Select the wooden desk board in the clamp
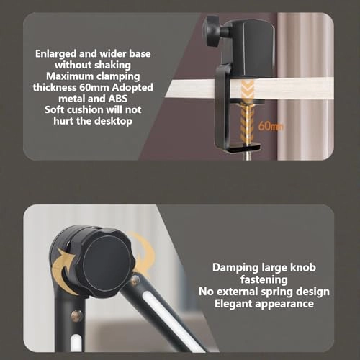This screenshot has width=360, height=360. click(189, 89)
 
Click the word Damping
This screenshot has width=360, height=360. click(236, 268)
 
